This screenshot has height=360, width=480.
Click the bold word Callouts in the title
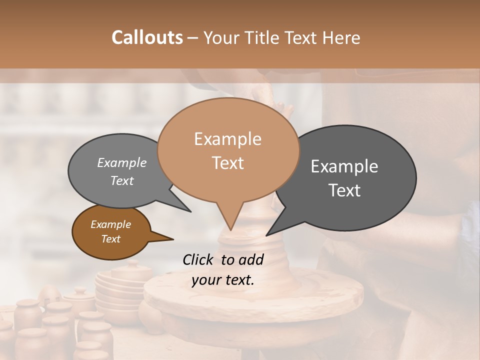(147, 37)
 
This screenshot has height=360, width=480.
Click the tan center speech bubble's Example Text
(227, 150)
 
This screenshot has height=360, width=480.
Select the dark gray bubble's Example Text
(344, 178)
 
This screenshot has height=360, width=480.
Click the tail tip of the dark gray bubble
(266, 235)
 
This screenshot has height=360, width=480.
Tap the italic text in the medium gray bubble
(121, 171)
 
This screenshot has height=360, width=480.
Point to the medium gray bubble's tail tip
(190, 211)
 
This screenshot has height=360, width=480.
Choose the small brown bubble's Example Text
(110, 231)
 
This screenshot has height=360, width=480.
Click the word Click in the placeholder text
(199, 259)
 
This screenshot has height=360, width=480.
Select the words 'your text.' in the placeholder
(222, 280)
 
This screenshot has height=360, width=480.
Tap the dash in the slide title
(193, 37)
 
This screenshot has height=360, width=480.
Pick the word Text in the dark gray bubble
(344, 190)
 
